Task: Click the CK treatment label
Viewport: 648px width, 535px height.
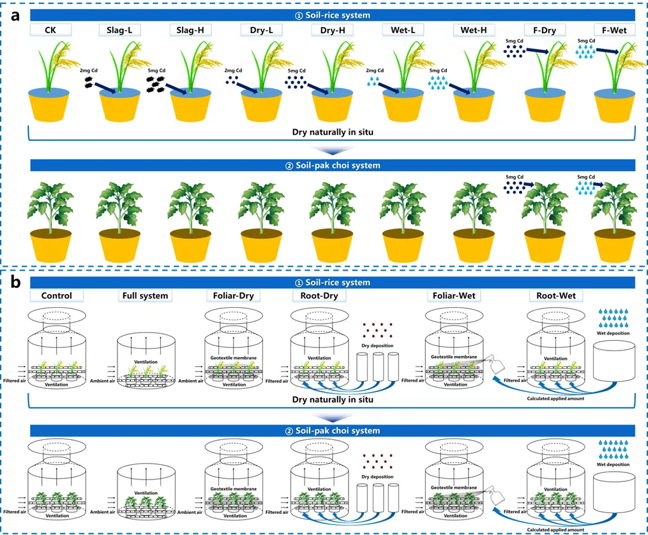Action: coord(50,29)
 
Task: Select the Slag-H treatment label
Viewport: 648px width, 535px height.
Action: coord(190,29)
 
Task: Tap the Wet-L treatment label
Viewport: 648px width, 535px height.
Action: coord(403,29)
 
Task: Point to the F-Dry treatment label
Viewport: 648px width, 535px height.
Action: coord(545,29)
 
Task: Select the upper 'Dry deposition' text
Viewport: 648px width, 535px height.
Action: coord(377,345)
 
